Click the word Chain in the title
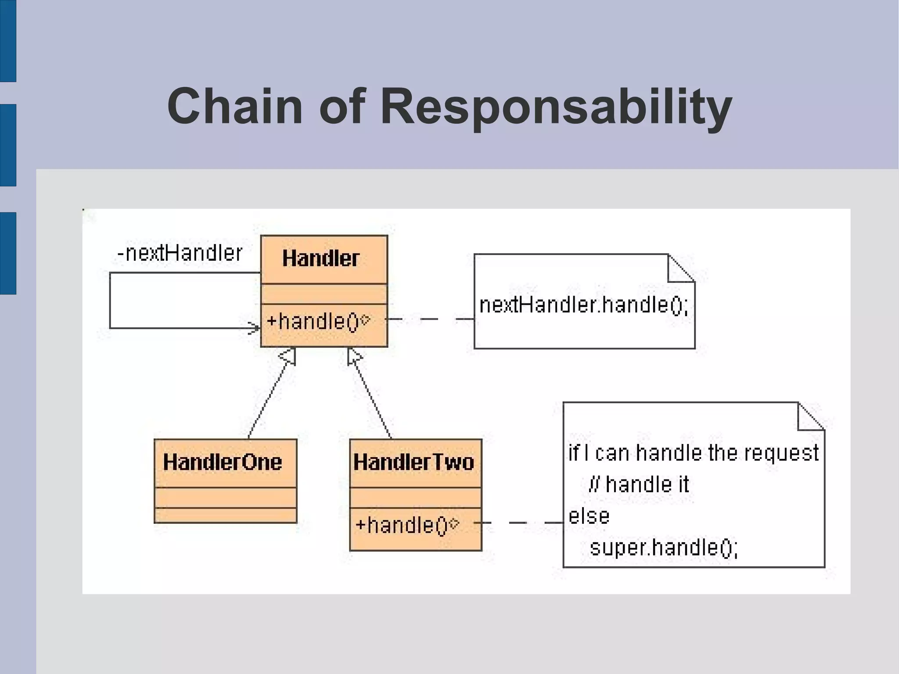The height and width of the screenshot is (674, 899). (234, 107)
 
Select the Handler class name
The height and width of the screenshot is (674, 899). (321, 258)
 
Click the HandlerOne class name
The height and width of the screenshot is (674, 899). (222, 462)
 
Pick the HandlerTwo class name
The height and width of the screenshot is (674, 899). (414, 462)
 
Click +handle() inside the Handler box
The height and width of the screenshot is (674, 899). (313, 321)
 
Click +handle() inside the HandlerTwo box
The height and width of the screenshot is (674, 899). (402, 525)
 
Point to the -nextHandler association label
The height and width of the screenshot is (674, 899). (180, 253)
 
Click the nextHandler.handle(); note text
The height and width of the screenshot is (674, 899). (584, 305)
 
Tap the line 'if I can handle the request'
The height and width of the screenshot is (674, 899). (693, 453)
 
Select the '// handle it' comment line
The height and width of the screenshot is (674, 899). (639, 484)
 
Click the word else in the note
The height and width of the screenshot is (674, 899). (589, 516)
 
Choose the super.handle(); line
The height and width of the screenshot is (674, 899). (664, 548)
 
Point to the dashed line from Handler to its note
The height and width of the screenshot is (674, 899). (430, 319)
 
